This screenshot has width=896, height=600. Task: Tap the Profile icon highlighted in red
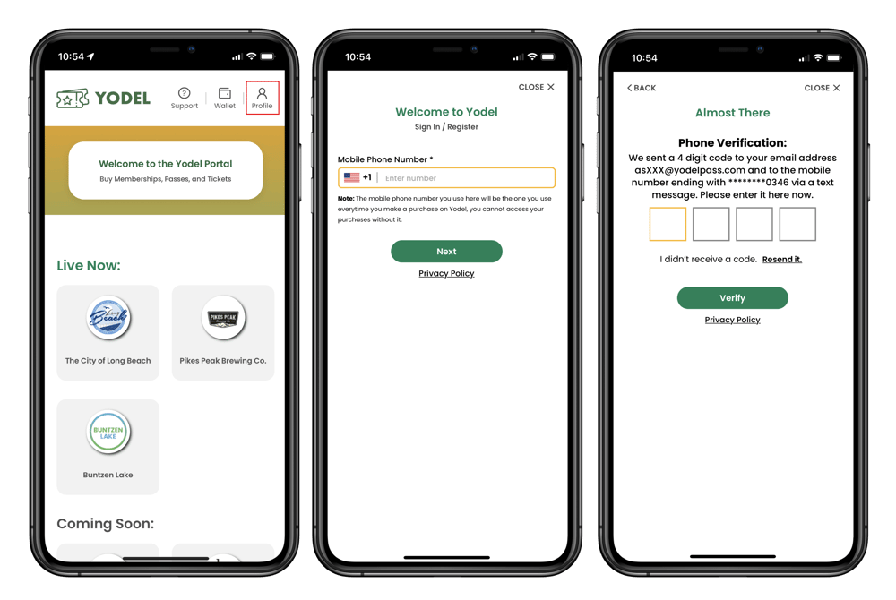pyautogui.click(x=262, y=93)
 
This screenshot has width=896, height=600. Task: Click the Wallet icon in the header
pyautogui.click(x=225, y=93)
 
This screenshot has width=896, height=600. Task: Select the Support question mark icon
pyautogui.click(x=184, y=93)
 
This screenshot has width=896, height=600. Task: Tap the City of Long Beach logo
pyautogui.click(x=108, y=317)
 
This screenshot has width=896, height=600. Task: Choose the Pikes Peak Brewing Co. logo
pyautogui.click(x=223, y=317)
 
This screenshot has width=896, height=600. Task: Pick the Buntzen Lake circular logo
pyautogui.click(x=108, y=433)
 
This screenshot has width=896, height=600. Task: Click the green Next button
pyautogui.click(x=446, y=251)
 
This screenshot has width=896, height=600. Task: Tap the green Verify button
pyautogui.click(x=733, y=298)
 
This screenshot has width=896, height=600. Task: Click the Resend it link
pyautogui.click(x=781, y=259)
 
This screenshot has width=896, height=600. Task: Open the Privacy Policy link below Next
pyautogui.click(x=446, y=273)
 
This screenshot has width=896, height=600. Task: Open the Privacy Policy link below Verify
pyautogui.click(x=733, y=320)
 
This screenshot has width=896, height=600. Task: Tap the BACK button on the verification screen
pyautogui.click(x=642, y=88)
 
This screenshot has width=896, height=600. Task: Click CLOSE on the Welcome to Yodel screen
pyautogui.click(x=536, y=87)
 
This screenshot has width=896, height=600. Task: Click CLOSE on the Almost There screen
pyautogui.click(x=822, y=88)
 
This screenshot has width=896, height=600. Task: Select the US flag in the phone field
pyautogui.click(x=351, y=177)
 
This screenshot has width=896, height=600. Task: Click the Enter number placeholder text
pyautogui.click(x=410, y=178)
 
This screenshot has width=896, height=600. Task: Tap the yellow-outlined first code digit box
pyautogui.click(x=668, y=224)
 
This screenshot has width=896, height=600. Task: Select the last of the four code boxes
pyautogui.click(x=797, y=224)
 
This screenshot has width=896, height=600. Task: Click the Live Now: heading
pyautogui.click(x=89, y=265)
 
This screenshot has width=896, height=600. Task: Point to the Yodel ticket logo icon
pyautogui.click(x=73, y=99)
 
